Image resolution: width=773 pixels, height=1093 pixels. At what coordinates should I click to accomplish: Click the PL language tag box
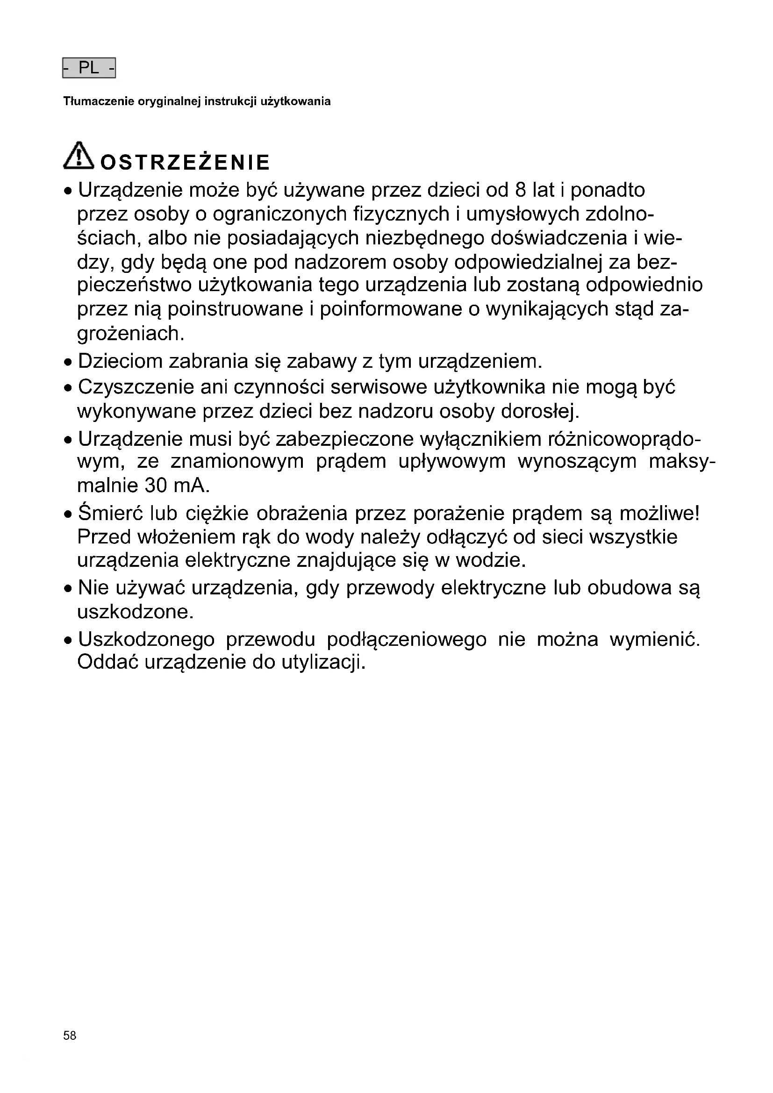point(89,68)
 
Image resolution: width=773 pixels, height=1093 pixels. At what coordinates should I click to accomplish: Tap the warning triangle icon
point(79,156)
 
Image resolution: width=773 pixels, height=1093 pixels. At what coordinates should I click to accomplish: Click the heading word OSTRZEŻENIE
point(185,162)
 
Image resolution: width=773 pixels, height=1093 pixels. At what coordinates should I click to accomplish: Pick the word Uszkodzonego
point(146,639)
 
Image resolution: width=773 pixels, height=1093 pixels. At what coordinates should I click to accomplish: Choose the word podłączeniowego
point(407,639)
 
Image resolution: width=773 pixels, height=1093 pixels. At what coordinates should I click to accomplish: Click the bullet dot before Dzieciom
point(68,363)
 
